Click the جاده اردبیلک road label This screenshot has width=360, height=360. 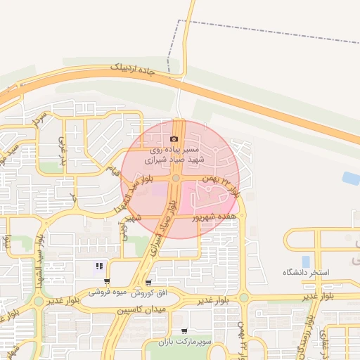137,72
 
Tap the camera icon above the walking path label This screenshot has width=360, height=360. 174,139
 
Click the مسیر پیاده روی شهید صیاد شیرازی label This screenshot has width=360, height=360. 174,155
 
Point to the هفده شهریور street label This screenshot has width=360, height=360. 218,218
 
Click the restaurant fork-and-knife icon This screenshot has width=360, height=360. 99,266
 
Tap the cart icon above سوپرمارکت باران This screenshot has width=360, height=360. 184,331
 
